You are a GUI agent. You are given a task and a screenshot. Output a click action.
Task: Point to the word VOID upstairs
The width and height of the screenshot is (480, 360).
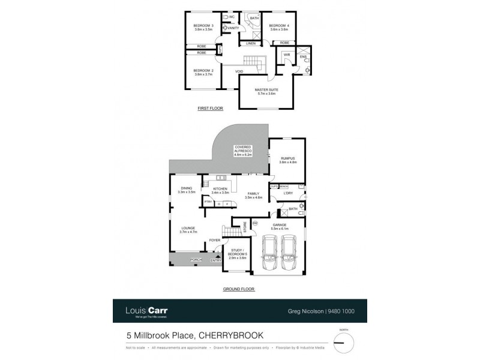(x=239, y=71)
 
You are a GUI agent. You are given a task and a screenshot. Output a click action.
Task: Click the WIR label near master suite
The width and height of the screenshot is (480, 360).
(x=287, y=55)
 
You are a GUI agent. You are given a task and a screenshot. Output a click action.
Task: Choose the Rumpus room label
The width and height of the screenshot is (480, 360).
(x=288, y=160)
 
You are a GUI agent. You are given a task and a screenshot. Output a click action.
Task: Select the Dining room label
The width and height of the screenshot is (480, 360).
(x=187, y=191)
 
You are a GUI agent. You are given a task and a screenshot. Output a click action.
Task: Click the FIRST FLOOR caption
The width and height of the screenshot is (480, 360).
(x=210, y=109)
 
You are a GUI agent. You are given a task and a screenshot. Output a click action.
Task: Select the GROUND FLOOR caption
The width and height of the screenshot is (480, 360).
(x=239, y=289)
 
